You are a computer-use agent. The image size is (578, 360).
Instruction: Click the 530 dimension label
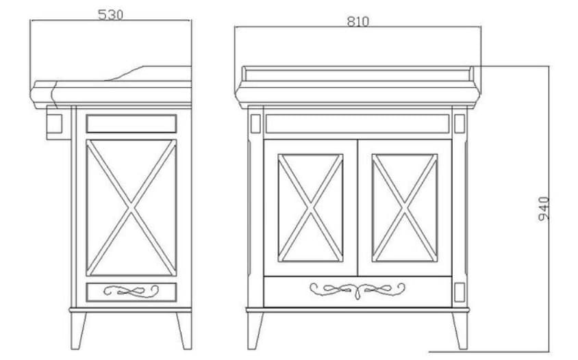coord(110,15)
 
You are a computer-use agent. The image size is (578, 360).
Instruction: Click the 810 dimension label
coord(358,22)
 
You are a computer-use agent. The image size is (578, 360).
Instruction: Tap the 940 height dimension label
coord(544,209)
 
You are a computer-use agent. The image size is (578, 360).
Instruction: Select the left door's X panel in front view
coord(310,208)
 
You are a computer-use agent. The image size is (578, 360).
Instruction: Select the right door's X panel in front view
coord(405,208)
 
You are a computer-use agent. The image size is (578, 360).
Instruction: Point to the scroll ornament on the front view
coord(357,290)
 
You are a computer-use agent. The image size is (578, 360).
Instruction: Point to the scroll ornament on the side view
coord(131,291)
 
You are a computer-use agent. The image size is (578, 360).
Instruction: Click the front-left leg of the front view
coord(255,331)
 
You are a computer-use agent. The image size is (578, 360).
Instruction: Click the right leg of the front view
coord(460,331)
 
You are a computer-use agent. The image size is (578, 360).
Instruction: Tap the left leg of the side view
coord(78,331)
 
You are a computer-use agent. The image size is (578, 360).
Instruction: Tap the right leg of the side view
coord(184,331)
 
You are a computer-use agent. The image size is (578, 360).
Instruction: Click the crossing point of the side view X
coord(131,208)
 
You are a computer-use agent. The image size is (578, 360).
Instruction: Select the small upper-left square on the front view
coord(255,123)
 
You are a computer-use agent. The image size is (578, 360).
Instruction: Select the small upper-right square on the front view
coord(460,123)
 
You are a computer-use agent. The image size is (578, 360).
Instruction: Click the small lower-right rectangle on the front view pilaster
coord(460,292)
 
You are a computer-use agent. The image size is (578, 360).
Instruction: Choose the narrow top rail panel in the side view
coord(131,123)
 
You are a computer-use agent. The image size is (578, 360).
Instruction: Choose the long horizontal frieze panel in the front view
coord(357,123)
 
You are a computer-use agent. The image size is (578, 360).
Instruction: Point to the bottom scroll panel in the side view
coord(131,292)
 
